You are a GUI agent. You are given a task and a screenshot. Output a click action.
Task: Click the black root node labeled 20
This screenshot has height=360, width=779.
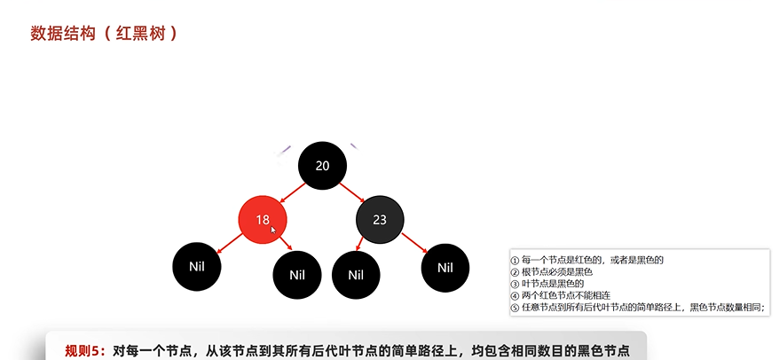coord(322,166)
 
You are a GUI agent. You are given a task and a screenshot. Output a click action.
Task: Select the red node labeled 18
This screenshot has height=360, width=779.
coord(263,219)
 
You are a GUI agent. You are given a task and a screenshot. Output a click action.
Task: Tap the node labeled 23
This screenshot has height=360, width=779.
coord(380,219)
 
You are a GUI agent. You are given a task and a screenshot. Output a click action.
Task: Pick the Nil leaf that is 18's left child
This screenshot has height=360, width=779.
coord(197,264)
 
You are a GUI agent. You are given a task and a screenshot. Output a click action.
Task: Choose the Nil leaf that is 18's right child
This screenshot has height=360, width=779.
coord(297,274)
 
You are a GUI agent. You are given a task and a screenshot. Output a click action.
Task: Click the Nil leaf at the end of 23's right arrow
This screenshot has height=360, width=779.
coord(445,268)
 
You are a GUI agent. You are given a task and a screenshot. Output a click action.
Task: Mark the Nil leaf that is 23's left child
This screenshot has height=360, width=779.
coord(356,274)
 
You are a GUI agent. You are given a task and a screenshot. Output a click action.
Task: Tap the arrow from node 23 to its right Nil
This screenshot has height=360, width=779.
coord(414,242)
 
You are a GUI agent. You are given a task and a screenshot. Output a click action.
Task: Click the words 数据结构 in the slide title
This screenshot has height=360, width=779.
coord(59,34)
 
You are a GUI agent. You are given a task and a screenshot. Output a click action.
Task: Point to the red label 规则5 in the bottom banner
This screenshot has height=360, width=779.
coord(85,349)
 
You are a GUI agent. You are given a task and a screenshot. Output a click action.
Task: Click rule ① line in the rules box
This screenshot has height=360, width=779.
coord(586,260)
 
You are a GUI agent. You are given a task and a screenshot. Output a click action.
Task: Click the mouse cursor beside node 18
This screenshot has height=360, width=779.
coord(274,231)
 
